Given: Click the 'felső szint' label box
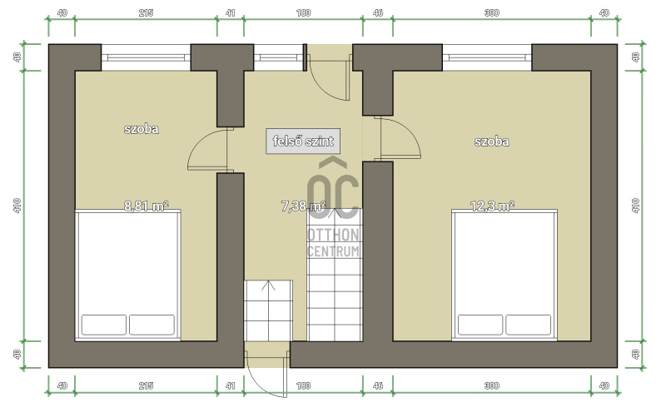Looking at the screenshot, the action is (x=303, y=141).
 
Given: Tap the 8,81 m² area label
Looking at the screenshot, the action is (x=147, y=206).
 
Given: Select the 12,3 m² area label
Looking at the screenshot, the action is (x=492, y=206).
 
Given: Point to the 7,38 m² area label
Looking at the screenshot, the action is (x=303, y=206).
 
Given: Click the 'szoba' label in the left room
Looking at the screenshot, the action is (x=142, y=129).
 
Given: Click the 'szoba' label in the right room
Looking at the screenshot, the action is (x=491, y=141).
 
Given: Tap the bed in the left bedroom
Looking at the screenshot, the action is (x=128, y=275).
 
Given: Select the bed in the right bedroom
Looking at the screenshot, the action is (x=504, y=275).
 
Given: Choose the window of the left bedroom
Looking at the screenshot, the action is (x=146, y=57).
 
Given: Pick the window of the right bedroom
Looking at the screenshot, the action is (x=487, y=57).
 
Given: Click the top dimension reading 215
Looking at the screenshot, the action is (x=146, y=13).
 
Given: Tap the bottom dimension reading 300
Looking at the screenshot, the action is (x=491, y=385).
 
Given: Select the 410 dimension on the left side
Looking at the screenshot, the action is (x=17, y=206).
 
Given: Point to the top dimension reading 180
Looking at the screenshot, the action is (x=303, y=13).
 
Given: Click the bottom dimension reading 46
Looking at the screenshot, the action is (x=378, y=385).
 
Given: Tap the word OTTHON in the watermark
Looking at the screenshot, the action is (x=334, y=235).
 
